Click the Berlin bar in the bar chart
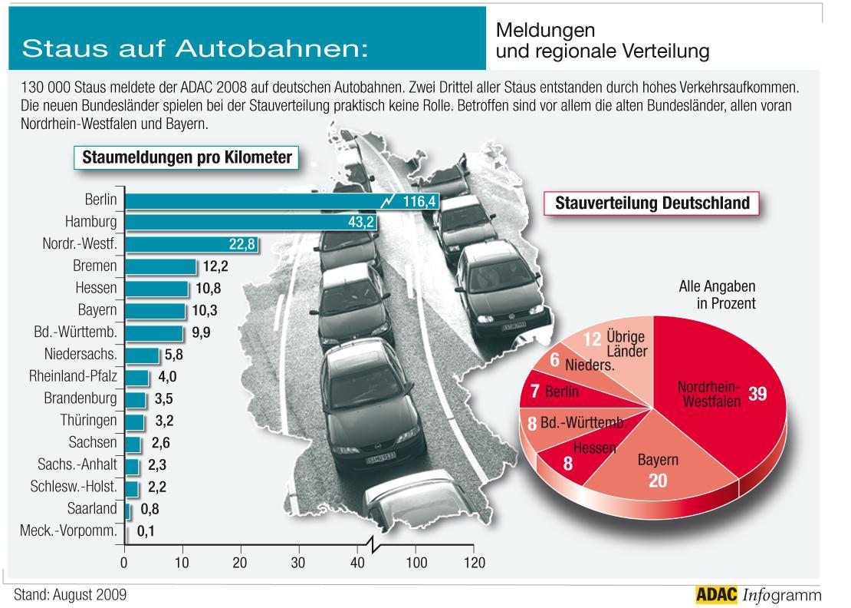point(253,201)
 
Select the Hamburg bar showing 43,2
point(230,223)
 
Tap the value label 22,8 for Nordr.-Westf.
point(242,244)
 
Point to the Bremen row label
point(97,266)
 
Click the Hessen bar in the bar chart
point(156,289)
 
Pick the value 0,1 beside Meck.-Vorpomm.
point(146,530)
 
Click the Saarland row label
point(92,508)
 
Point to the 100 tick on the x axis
point(416,563)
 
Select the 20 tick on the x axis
point(241,563)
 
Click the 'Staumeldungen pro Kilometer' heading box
point(186,158)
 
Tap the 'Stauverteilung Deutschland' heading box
point(651,203)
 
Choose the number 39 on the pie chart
point(757,393)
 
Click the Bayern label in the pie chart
point(658,461)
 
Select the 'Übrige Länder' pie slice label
point(625,344)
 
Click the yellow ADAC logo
point(715,594)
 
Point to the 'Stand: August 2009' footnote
point(70,595)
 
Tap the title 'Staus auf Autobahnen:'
point(195,48)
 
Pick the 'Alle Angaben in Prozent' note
point(716,295)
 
